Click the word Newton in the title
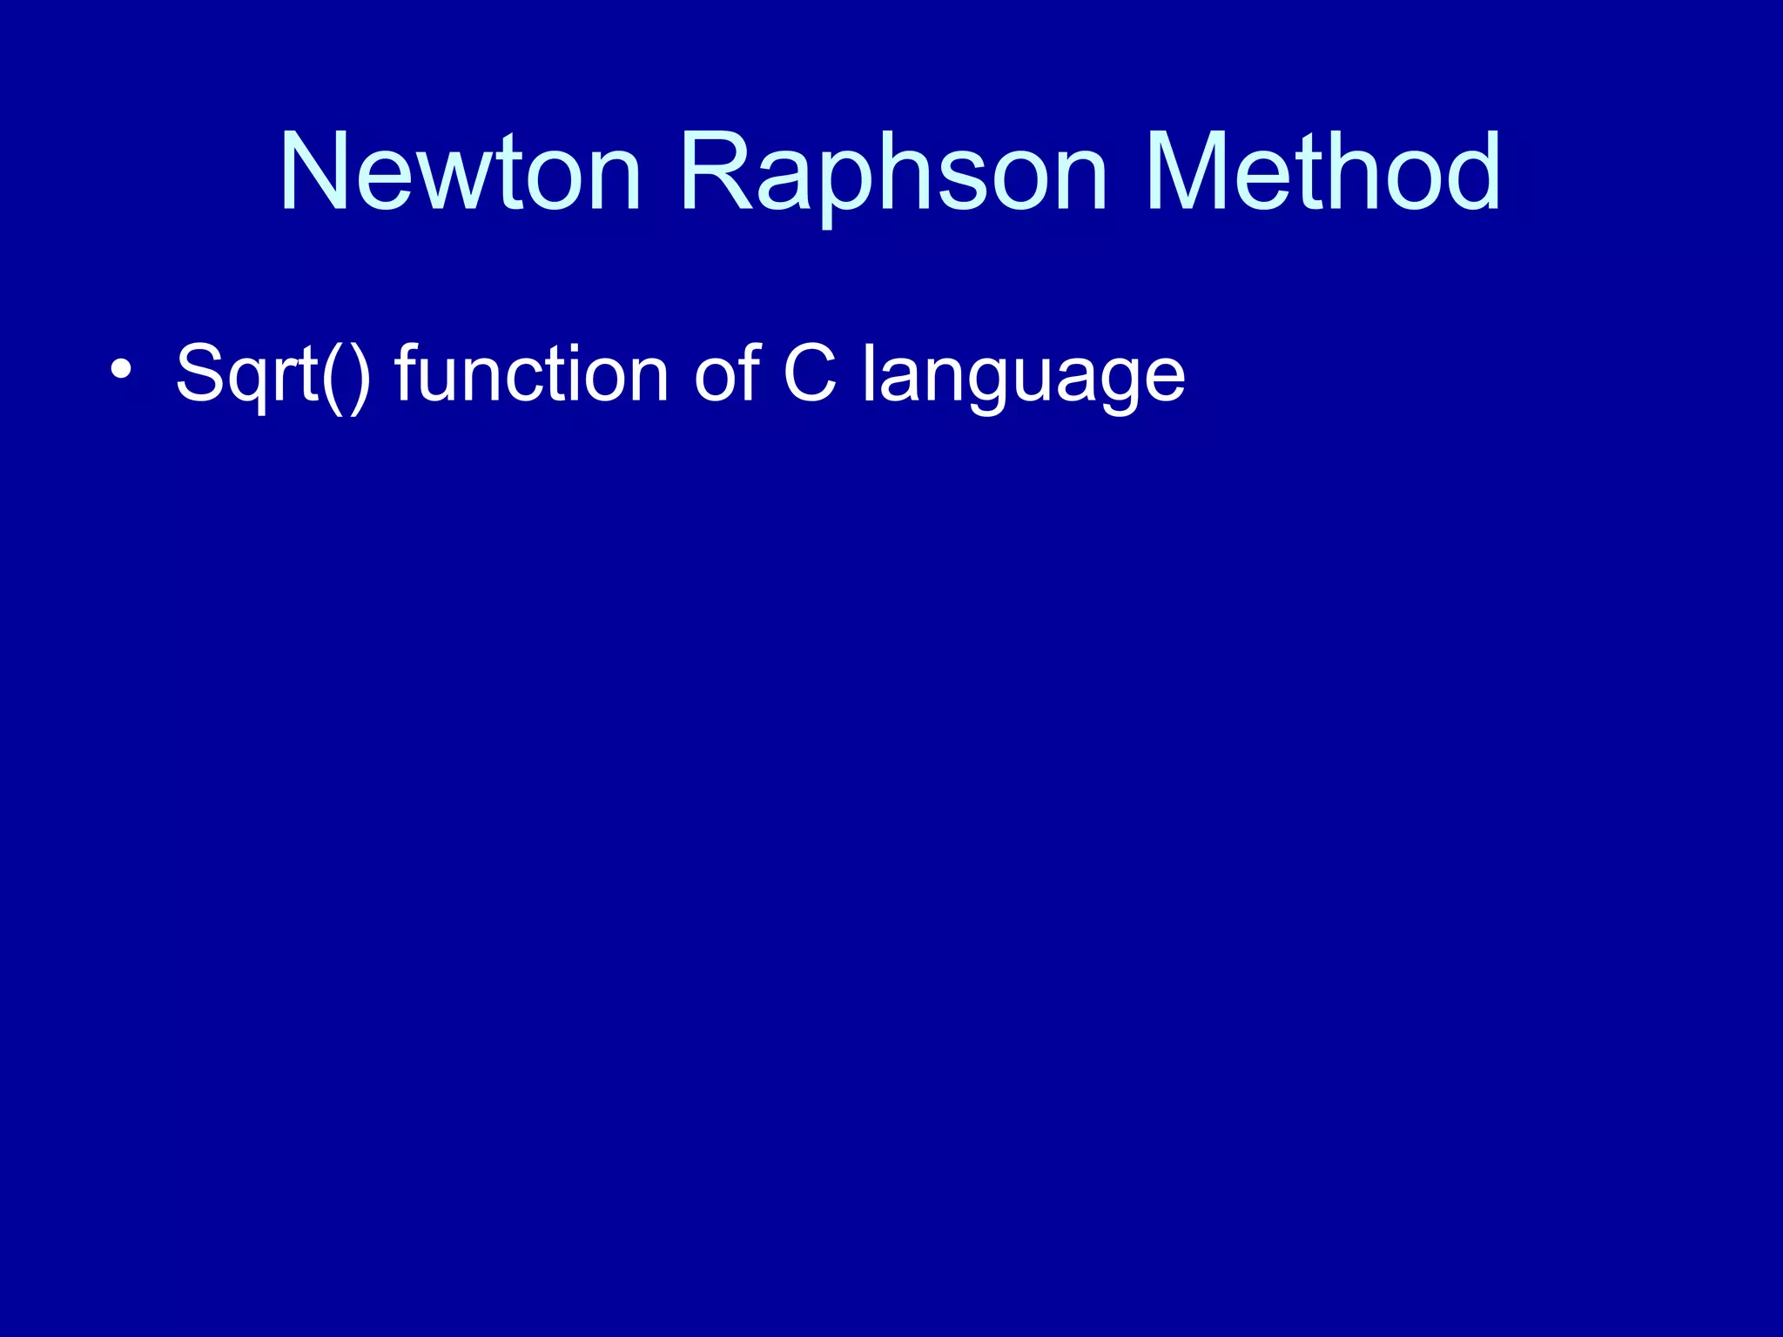point(460,171)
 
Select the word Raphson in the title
point(893,171)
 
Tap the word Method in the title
point(1322,171)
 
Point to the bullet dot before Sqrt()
point(121,369)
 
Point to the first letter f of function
point(409,373)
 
